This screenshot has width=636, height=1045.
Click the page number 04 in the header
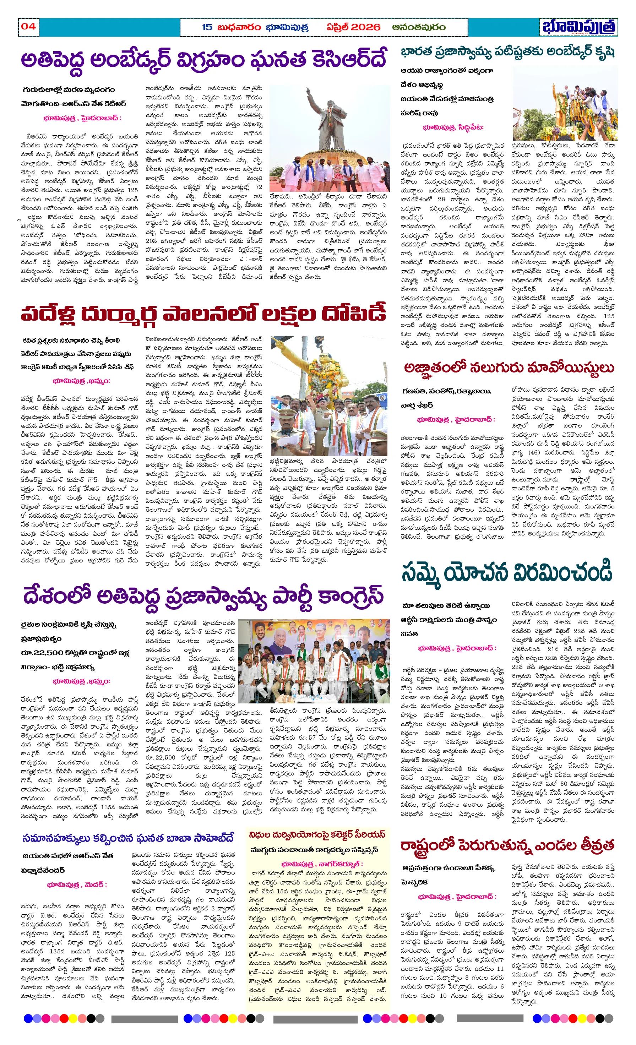pyautogui.click(x=28, y=26)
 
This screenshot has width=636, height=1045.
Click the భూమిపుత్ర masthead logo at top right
pyautogui.click(x=579, y=27)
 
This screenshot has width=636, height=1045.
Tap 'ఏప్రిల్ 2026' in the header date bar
pyautogui.click(x=353, y=27)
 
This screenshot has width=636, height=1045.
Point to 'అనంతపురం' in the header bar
pyautogui.click(x=418, y=27)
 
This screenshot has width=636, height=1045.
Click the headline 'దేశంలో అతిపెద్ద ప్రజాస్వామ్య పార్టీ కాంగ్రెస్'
pyautogui.click(x=203, y=596)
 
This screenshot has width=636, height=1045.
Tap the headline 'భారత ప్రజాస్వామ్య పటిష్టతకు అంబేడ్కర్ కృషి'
pyautogui.click(x=507, y=52)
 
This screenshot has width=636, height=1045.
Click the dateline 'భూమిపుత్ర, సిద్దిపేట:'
pyautogui.click(x=453, y=127)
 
